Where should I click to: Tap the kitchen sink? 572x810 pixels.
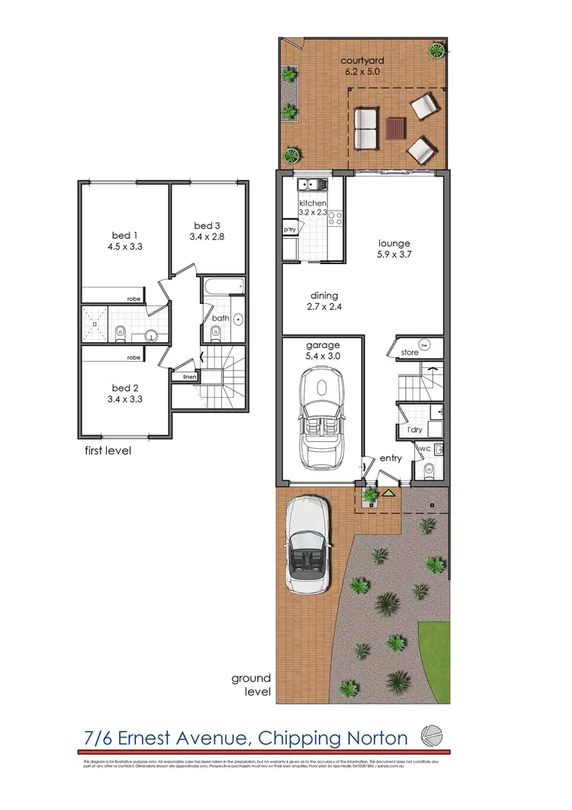313,184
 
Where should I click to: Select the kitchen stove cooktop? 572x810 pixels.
334,220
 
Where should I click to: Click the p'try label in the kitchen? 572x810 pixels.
290,229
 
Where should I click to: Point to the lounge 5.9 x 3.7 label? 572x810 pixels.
395,250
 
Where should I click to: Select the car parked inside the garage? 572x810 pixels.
320,418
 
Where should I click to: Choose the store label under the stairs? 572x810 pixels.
410,353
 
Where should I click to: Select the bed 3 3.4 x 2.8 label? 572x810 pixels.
207,231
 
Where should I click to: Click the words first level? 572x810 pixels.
108,450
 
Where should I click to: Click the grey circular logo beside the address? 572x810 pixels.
432,736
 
